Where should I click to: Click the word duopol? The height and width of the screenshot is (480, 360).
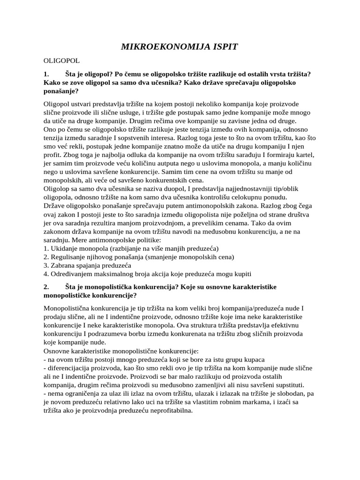165,188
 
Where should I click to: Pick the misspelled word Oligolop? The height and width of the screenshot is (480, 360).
59,188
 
